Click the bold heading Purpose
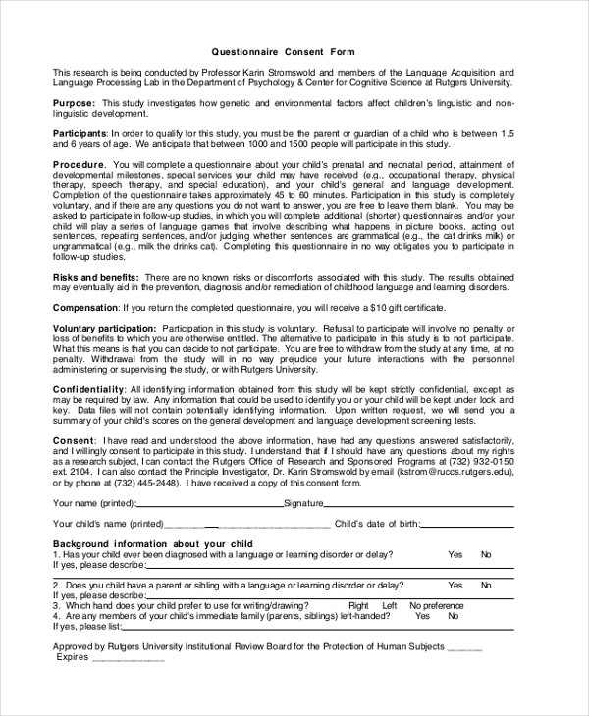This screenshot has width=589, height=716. [x=73, y=102]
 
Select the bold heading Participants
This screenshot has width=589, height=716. [x=80, y=132]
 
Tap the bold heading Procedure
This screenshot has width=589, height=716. [x=79, y=164]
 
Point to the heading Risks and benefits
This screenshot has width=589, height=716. [x=95, y=278]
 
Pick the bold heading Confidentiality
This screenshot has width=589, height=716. [x=88, y=389]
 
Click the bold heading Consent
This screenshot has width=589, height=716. [x=74, y=440]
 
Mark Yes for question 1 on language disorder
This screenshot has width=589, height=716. [x=455, y=554]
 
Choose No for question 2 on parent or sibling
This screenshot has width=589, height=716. [x=486, y=585]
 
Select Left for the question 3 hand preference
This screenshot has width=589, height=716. [x=389, y=605]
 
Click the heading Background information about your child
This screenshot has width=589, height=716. [x=152, y=543]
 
